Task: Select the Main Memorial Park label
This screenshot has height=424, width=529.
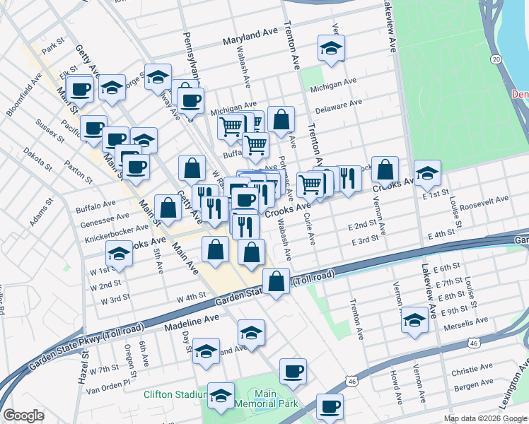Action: point(264,399)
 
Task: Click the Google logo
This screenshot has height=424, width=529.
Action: point(23,416)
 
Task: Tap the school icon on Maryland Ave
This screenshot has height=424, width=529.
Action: point(330,49)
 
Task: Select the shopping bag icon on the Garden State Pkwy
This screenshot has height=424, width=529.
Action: point(277,282)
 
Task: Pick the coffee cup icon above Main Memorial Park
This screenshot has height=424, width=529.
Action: point(292,371)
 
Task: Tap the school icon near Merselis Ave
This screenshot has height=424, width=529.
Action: point(414,319)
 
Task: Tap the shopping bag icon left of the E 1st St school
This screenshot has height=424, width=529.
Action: point(384,170)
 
